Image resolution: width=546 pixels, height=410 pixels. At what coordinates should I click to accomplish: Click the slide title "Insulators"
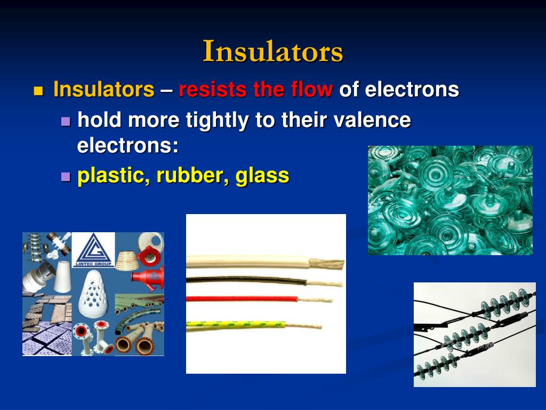[273, 52]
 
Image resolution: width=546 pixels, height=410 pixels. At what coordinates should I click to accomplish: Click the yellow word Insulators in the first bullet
[103, 89]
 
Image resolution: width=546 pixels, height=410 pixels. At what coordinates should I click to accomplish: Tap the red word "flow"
[312, 89]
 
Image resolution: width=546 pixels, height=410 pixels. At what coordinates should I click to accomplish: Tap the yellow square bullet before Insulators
[37, 90]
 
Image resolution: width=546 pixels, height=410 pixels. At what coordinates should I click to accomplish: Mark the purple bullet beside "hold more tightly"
[66, 121]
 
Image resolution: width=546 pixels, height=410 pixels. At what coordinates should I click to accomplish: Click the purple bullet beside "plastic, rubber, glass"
[66, 177]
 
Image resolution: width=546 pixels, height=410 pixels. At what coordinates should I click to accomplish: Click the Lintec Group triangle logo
[93, 249]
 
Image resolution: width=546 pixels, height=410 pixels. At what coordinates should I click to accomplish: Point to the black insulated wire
[245, 280]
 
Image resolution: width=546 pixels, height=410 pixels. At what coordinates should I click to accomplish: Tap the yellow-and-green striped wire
[235, 324]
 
